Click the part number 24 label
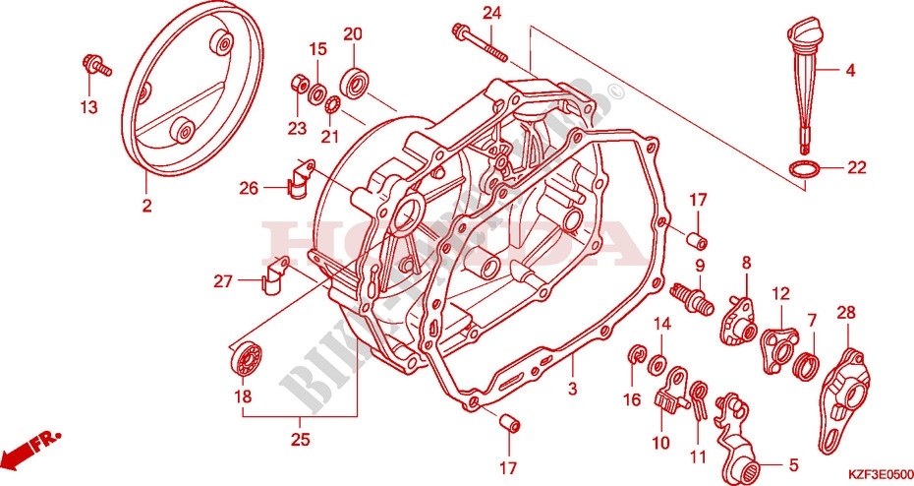(491, 13)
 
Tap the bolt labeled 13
(95, 68)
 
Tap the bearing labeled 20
(354, 81)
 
